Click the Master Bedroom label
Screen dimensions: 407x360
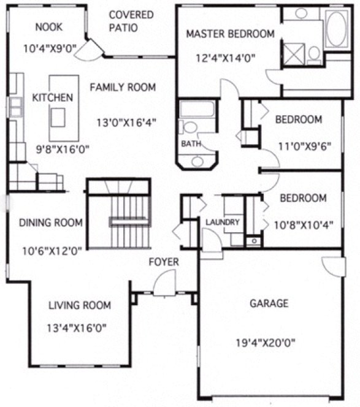(x=230, y=34)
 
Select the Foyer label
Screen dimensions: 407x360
(x=164, y=262)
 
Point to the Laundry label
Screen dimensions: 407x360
(x=222, y=222)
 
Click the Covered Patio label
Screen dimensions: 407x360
(x=131, y=21)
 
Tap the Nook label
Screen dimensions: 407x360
(x=49, y=26)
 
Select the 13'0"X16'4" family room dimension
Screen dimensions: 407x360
(x=127, y=122)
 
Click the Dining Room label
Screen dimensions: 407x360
(x=51, y=223)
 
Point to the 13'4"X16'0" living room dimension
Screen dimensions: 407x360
(x=77, y=327)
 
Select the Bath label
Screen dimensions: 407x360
(x=188, y=143)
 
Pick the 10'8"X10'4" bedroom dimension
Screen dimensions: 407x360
(x=307, y=224)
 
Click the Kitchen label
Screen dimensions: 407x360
(x=53, y=97)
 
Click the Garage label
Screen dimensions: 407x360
(x=269, y=303)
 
